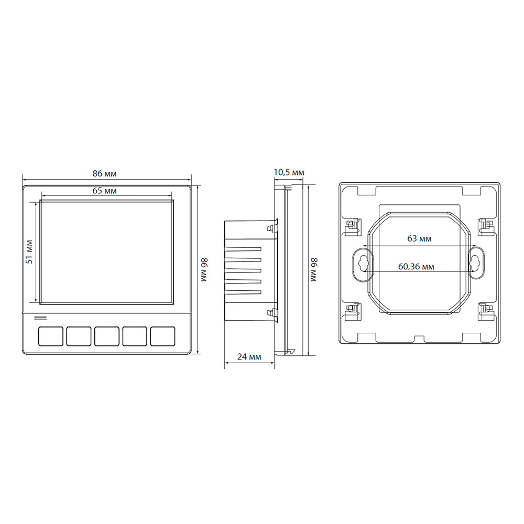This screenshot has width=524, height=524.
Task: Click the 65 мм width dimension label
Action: click(x=105, y=191)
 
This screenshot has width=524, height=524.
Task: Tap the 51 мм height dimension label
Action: click(x=30, y=252)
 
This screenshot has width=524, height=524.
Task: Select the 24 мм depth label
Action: click(x=249, y=357)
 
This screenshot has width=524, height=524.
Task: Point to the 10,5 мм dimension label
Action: click(x=289, y=172)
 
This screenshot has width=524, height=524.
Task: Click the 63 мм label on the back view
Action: click(x=419, y=238)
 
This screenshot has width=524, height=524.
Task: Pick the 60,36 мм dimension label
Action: click(x=417, y=267)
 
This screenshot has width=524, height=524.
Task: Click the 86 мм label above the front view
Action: click(x=105, y=174)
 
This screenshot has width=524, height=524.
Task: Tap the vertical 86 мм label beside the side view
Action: click(x=314, y=270)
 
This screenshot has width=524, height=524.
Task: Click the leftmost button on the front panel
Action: click(x=51, y=336)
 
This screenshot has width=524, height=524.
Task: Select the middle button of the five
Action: click(x=106, y=336)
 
